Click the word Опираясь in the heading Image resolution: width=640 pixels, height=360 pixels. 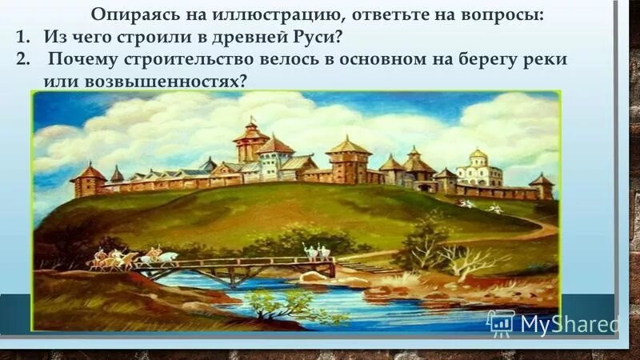click(129, 16)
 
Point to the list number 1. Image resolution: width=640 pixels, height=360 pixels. click(22, 38)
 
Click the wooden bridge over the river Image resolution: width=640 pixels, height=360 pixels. click(240, 266)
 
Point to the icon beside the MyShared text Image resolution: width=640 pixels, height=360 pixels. click(500, 322)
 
